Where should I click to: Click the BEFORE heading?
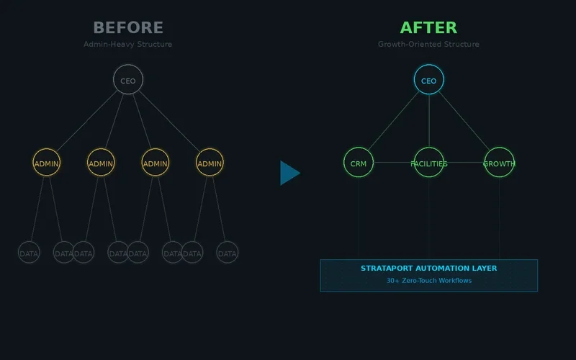[x=128, y=27]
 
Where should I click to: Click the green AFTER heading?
[x=428, y=27]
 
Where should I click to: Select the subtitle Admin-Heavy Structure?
[x=128, y=44]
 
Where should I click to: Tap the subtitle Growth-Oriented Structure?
[x=428, y=44]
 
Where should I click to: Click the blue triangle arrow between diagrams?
[x=289, y=173]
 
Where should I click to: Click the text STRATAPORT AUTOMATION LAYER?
[x=428, y=269]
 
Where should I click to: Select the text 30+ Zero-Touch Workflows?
[x=428, y=281]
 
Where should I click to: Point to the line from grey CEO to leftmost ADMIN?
[x=87, y=121]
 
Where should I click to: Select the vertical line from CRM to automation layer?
[x=359, y=219]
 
